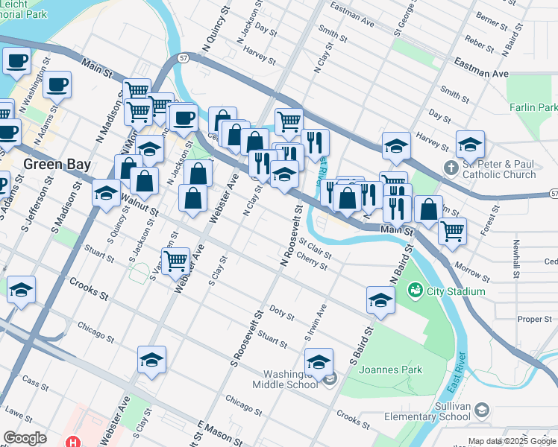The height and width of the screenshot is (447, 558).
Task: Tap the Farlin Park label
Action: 533,108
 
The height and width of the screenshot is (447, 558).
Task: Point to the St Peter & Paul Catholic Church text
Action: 499,170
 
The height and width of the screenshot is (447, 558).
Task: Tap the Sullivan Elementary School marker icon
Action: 481,410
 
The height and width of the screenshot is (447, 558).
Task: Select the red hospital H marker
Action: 72,441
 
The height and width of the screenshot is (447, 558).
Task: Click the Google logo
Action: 25,438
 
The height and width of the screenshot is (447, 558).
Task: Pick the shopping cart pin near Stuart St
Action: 175,261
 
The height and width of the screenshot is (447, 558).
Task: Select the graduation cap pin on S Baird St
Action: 380,300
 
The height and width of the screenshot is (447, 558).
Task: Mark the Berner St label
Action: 491,19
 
